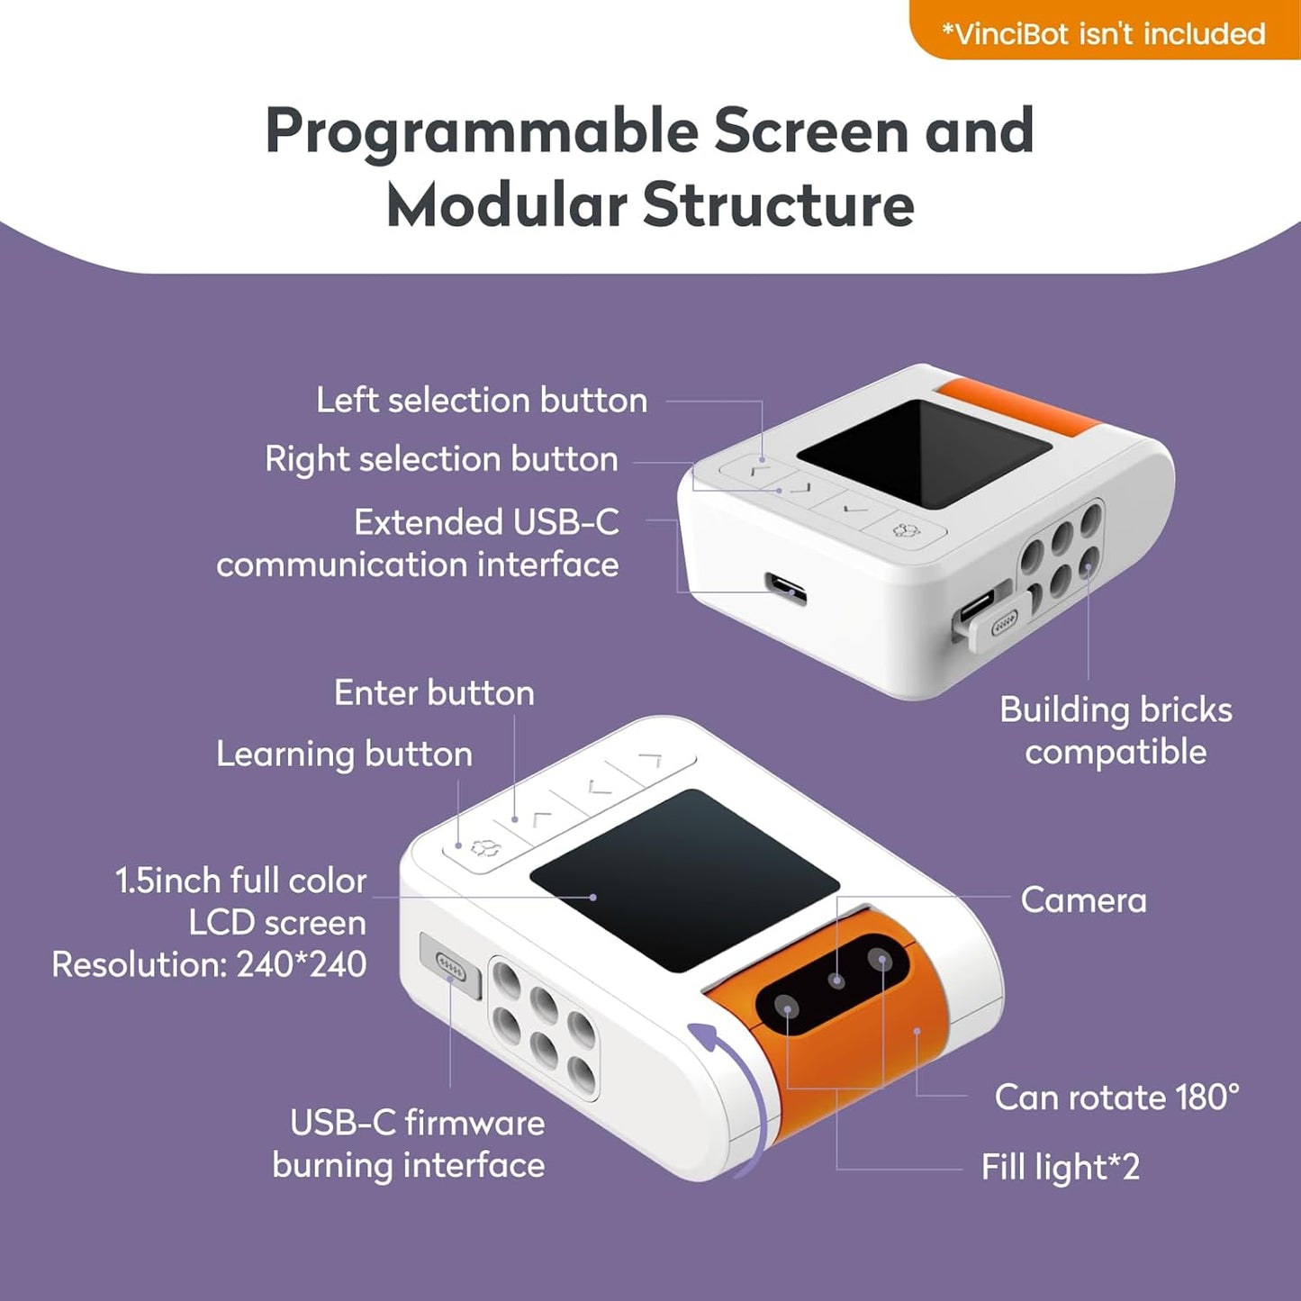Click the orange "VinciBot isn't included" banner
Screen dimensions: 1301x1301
(1104, 33)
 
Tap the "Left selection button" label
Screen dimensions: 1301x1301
(481, 400)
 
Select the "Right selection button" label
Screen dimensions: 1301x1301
(441, 459)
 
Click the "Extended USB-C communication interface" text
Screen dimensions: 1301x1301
(418, 543)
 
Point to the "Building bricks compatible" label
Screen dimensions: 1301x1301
(1115, 730)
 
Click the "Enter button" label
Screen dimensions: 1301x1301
(434, 692)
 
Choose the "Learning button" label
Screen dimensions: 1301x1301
(344, 754)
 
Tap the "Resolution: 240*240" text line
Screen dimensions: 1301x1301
(209, 964)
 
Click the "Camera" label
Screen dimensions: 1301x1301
(1083, 899)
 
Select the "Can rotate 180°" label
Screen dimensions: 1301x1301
(1116, 1097)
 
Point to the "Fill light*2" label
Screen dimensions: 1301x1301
(1060, 1167)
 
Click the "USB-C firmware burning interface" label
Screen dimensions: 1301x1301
(409, 1143)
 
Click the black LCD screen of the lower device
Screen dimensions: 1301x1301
(684, 880)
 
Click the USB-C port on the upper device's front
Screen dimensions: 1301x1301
(785, 587)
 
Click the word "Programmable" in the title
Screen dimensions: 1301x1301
(481, 131)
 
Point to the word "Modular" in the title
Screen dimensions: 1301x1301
(506, 205)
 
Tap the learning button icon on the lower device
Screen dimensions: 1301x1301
(483, 847)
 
